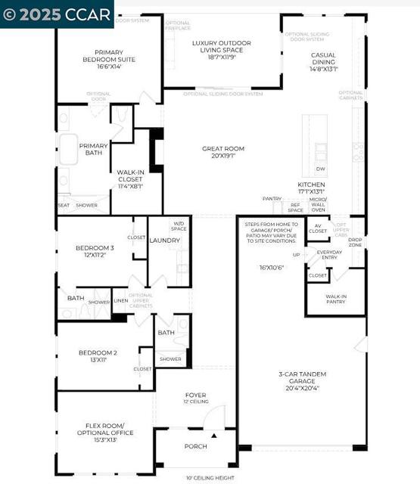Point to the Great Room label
(223, 152)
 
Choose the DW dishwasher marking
(320, 169)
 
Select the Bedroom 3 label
(95, 251)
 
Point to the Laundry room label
(165, 240)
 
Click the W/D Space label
(179, 225)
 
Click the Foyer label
(196, 398)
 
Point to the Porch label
(196, 446)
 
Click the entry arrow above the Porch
(214, 436)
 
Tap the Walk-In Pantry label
(337, 299)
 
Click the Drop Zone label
(355, 241)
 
